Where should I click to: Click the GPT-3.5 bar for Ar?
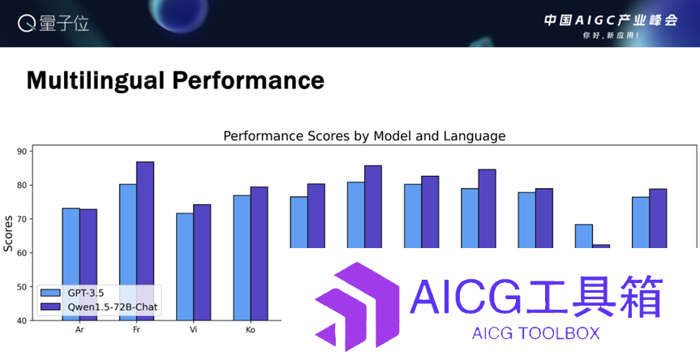point(71,264)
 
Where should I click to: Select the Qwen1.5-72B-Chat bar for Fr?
point(145,241)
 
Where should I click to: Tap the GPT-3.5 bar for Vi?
point(185,267)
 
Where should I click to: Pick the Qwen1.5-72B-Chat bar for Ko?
point(259,254)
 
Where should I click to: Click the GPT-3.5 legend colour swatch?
point(50,293)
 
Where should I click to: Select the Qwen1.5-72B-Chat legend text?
point(113,307)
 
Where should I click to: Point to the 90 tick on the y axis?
point(22,152)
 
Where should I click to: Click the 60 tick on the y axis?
point(22,252)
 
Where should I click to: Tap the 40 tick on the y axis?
point(22,320)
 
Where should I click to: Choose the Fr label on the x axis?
point(136,330)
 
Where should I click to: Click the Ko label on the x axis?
point(251,330)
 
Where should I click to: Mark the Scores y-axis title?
point(8,234)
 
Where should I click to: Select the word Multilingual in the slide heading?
point(96,81)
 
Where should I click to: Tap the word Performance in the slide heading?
point(248,80)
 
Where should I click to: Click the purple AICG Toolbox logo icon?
point(357,306)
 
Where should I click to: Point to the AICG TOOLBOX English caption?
point(535,333)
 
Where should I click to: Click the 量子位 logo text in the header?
point(64,24)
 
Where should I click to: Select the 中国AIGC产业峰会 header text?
point(611,20)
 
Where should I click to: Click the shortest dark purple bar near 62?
point(601,246)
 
